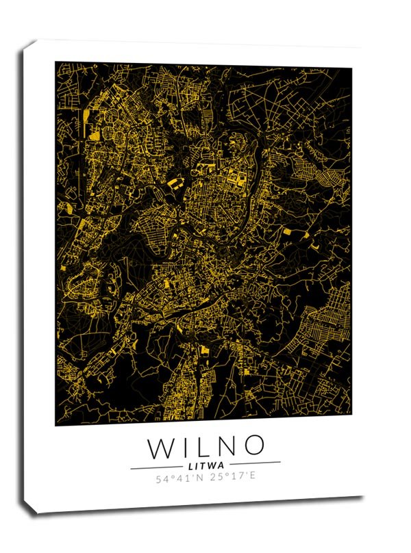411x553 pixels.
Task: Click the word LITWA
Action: tap(206, 465)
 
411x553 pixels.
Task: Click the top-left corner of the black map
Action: tap(55, 62)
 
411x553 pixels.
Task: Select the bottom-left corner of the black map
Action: tap(55, 425)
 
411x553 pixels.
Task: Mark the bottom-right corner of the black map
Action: tap(351, 415)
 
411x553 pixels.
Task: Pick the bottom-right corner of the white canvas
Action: tap(363, 496)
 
